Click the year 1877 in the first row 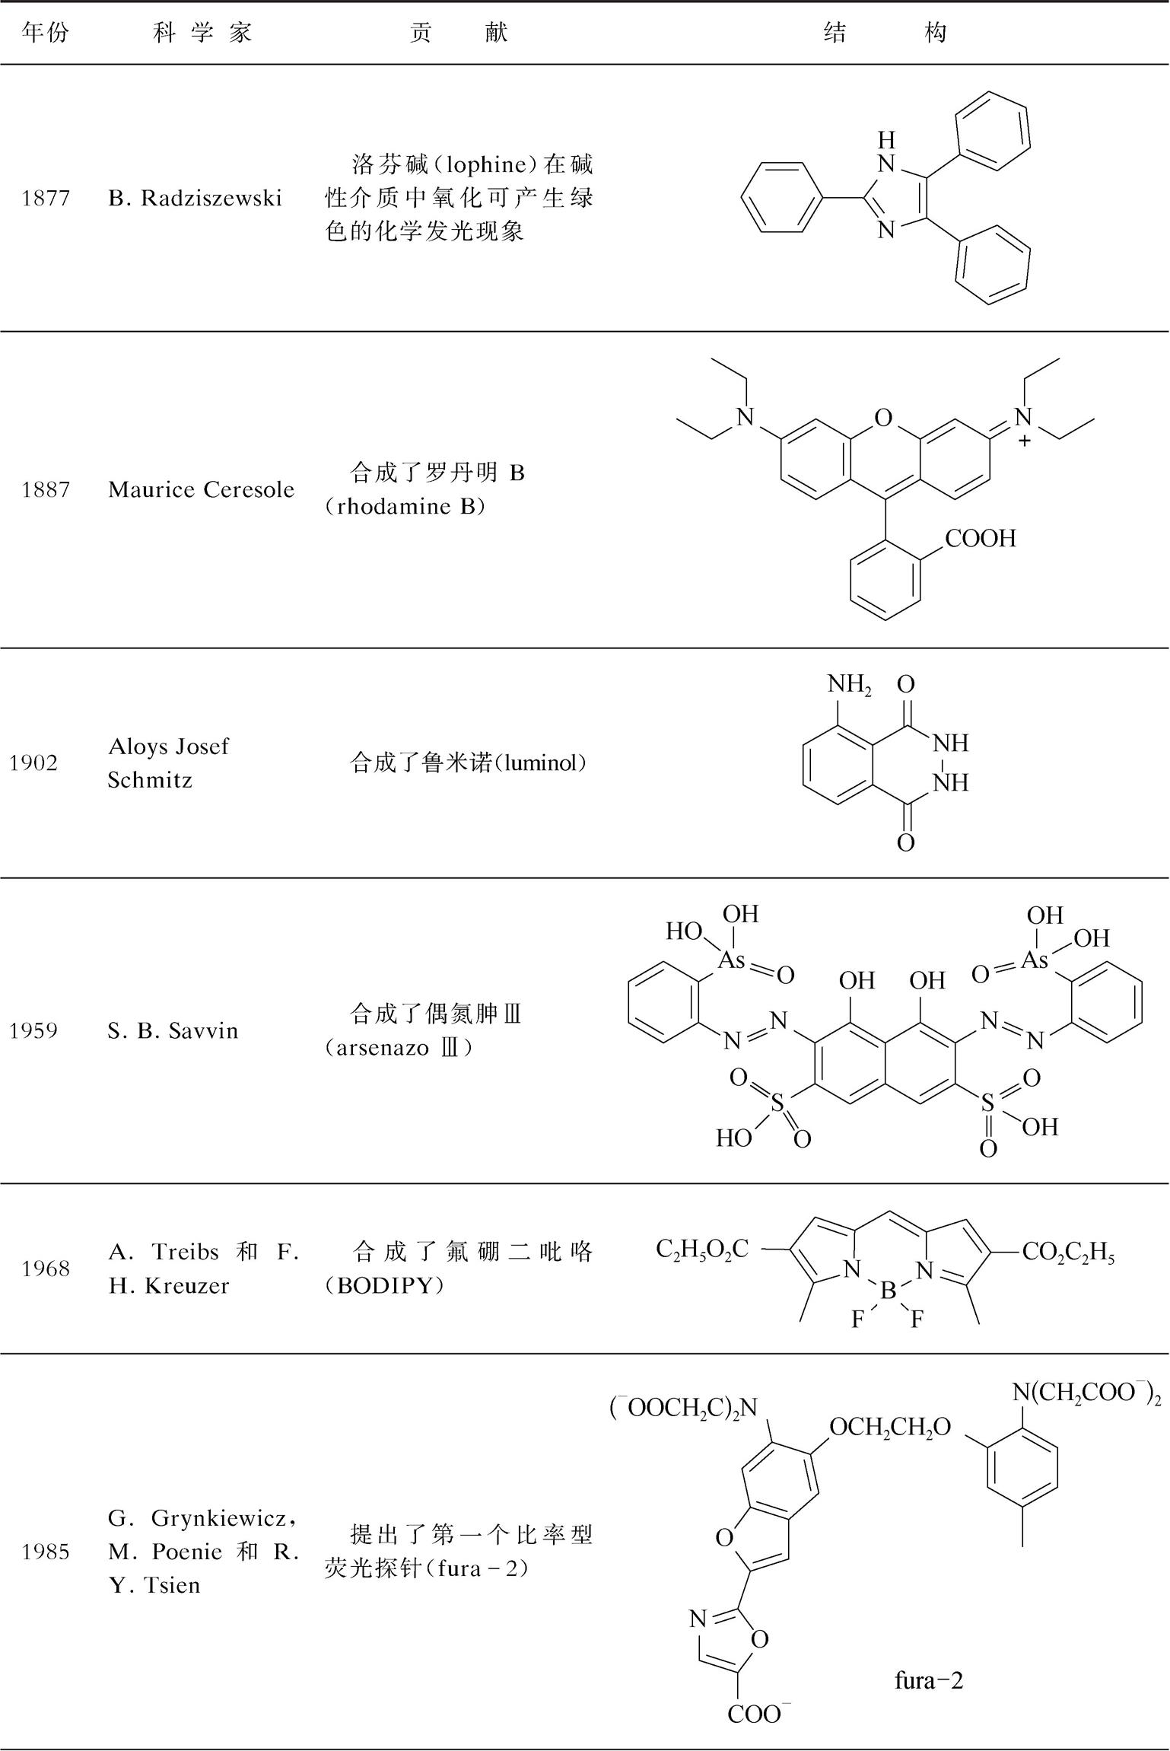point(46,199)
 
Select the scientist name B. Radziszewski point(195,199)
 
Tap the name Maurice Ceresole point(201,489)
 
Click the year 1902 point(33,763)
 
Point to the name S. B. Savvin point(173,1031)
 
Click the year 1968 point(46,1269)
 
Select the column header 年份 point(46,33)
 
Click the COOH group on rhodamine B point(980,539)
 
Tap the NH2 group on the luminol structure point(850,686)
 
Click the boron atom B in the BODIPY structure point(887,1291)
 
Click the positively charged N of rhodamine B point(1024,418)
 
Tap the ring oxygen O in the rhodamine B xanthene point(882,418)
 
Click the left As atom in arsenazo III point(732,960)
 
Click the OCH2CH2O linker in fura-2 point(890,1428)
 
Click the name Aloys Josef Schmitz point(168,763)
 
